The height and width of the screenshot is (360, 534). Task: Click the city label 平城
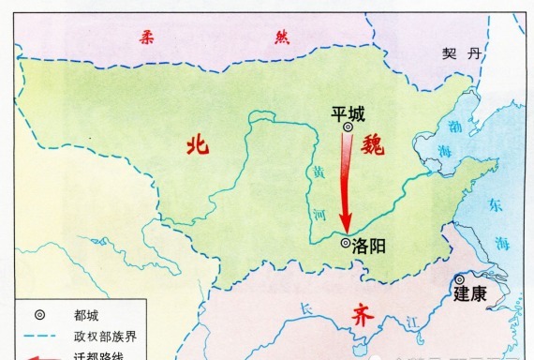pos(349,112)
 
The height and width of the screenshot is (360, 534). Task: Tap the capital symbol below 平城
pos(348,127)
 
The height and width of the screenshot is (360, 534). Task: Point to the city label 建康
pos(470,294)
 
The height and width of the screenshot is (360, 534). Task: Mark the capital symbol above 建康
pos(460,278)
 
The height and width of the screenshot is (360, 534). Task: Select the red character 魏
pos(385,145)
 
